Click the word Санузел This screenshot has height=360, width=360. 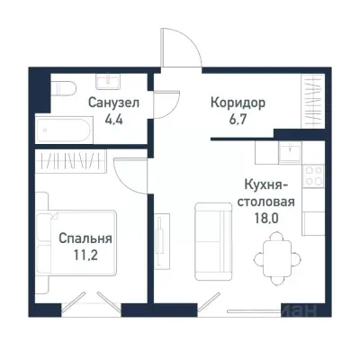[x=112, y=103]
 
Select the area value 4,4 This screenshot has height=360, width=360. [x=112, y=117]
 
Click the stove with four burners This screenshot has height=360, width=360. [x=314, y=176]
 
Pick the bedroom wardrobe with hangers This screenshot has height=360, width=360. [x=76, y=163]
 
